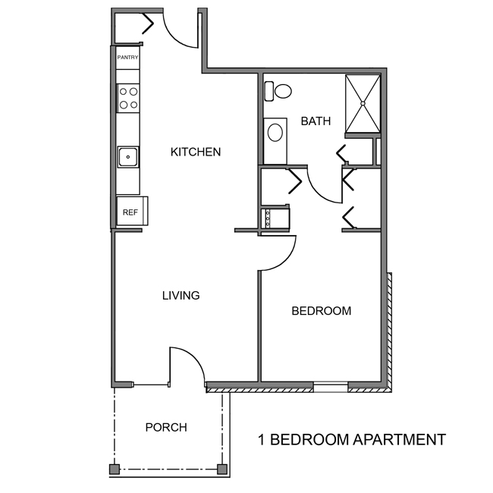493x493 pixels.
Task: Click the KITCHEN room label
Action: coord(195,152)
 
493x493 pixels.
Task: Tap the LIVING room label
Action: coord(181,295)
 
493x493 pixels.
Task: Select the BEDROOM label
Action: coord(322,311)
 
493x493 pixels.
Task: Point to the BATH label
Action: coord(316,121)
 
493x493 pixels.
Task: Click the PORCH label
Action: coord(166,428)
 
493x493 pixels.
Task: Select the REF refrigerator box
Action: coord(130,212)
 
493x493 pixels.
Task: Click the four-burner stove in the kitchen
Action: coord(128,99)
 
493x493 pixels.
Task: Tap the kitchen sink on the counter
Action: coord(128,158)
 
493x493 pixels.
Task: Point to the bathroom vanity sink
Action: coord(275,133)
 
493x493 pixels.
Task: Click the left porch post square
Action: coord(114,469)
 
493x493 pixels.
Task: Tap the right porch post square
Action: coord(222,469)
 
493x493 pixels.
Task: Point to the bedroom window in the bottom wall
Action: coord(331,388)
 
